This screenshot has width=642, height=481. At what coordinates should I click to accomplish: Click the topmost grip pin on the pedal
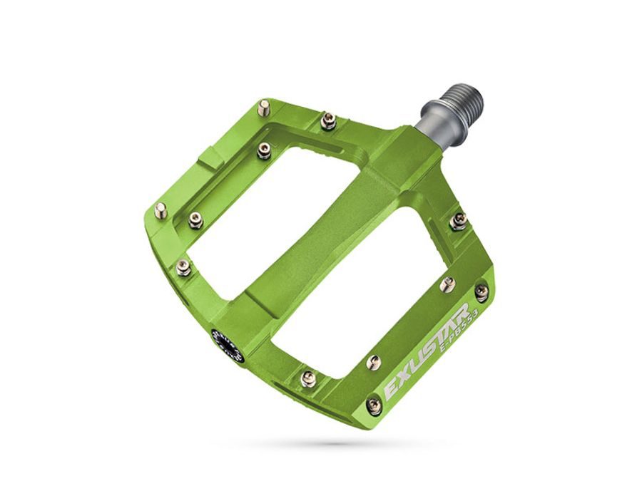pyautogui.click(x=265, y=108)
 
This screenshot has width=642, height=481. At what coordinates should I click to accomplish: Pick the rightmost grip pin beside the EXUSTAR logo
pyautogui.click(x=481, y=292)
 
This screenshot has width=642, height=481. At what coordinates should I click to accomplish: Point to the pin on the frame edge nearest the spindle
pyautogui.click(x=459, y=222)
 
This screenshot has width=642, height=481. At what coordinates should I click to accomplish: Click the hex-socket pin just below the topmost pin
pyautogui.click(x=265, y=150)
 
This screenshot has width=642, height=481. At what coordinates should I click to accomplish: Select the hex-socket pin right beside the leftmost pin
pyautogui.click(x=195, y=222)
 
